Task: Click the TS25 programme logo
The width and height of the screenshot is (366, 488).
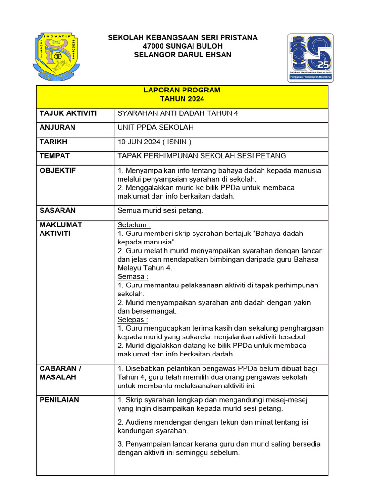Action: pyautogui.click(x=310, y=58)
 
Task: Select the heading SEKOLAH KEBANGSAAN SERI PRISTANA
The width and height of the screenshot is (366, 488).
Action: pyautogui.click(x=183, y=38)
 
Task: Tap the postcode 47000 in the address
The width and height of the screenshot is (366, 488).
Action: pyautogui.click(x=153, y=46)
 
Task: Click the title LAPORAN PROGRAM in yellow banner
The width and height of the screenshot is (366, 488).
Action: pyautogui.click(x=182, y=90)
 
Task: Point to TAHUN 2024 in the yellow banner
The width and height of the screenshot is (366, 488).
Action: pyautogui.click(x=182, y=99)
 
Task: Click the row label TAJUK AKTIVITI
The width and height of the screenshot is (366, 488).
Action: pyautogui.click(x=68, y=113)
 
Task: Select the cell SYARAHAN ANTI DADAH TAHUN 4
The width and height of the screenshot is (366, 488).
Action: pyautogui.click(x=178, y=113)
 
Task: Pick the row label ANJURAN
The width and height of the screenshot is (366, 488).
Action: pyautogui.click(x=57, y=128)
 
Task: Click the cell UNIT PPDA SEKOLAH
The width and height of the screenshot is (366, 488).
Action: pyautogui.click(x=155, y=128)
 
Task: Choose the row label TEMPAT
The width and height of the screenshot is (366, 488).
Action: pyautogui.click(x=55, y=156)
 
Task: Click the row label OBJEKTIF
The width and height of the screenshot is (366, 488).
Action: pyautogui.click(x=58, y=171)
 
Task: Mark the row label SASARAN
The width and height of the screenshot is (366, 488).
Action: pyautogui.click(x=58, y=210)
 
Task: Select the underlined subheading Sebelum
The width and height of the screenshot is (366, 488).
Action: pyautogui.click(x=133, y=225)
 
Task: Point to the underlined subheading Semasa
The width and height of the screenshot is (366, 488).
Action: pyautogui.click(x=132, y=276)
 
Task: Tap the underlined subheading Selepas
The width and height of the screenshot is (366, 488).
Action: pyautogui.click(x=132, y=320)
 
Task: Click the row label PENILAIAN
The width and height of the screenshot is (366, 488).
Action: pyautogui.click(x=59, y=400)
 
